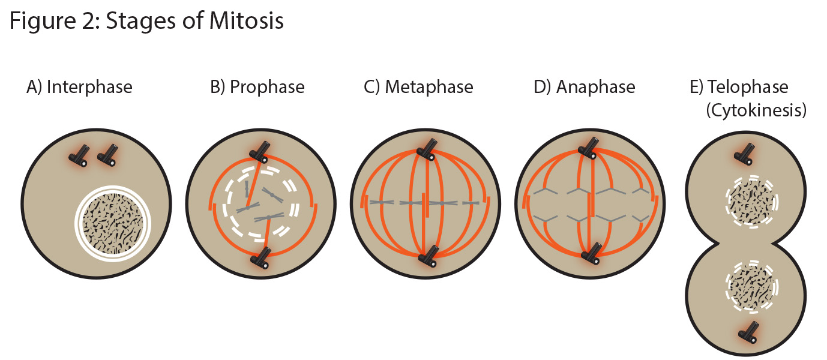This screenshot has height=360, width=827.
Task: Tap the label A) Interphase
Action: (79, 87)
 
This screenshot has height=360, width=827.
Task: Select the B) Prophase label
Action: (257, 87)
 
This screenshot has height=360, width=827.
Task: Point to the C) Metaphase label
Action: (418, 87)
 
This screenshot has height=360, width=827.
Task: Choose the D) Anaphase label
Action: (585, 87)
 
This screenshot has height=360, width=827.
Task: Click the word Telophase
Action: (748, 87)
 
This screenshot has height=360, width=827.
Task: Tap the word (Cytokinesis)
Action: (756, 110)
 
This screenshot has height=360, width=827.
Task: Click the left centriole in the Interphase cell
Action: (79, 156)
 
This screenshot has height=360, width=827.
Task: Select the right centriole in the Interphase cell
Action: (107, 155)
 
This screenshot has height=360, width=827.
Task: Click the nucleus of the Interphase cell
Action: (113, 223)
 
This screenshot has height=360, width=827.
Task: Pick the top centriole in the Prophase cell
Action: (259, 152)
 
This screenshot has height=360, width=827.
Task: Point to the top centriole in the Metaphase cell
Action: (427, 150)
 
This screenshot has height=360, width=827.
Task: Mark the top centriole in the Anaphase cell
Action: (588, 148)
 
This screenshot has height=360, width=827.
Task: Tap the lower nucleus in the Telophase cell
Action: (752, 287)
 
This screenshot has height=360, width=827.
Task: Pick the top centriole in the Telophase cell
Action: (744, 154)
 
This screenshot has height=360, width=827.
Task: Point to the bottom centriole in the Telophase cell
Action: (748, 332)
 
